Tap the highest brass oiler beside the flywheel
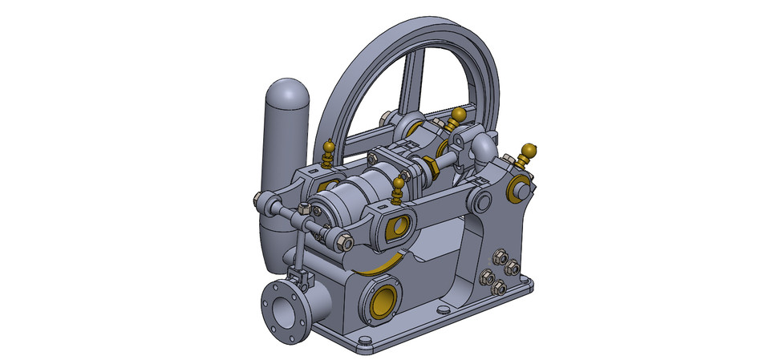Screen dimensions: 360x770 click(458, 117)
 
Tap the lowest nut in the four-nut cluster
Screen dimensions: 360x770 click(499, 288)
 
